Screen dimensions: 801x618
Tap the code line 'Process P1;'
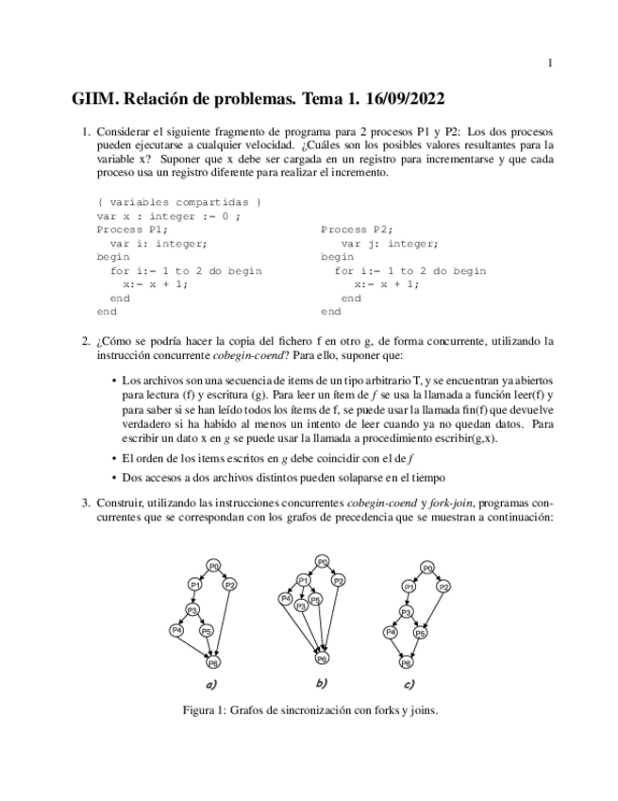(x=132, y=230)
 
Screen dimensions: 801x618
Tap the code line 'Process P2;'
(x=357, y=230)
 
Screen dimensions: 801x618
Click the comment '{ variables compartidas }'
(x=178, y=202)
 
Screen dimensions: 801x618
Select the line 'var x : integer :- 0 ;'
(x=168, y=215)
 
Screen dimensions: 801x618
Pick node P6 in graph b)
(x=323, y=657)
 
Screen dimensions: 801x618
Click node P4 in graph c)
(x=391, y=630)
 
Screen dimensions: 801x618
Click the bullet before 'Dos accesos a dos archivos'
(x=115, y=478)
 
